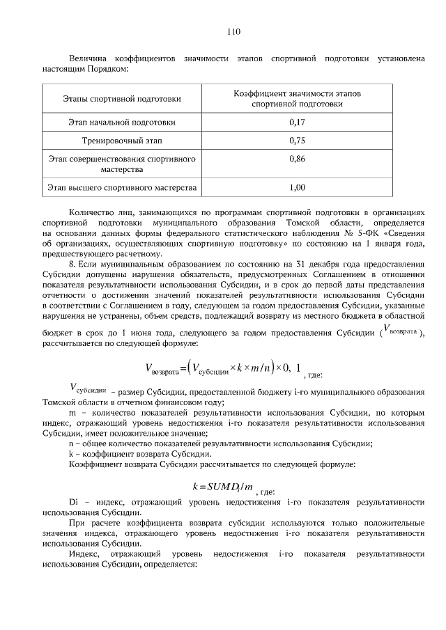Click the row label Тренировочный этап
(x=122, y=141)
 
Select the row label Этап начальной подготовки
(x=122, y=122)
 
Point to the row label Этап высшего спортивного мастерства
(x=122, y=187)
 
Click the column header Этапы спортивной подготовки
(x=122, y=99)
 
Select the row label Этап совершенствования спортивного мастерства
(x=122, y=164)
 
